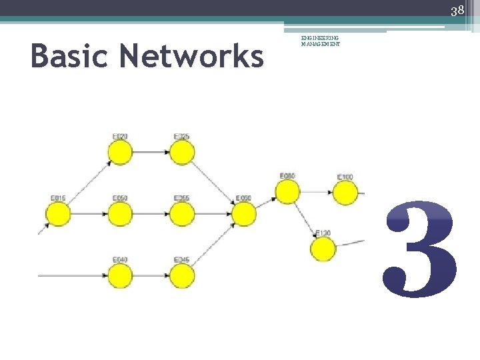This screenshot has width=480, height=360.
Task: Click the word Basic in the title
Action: (x=70, y=56)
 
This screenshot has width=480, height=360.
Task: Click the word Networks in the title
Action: (x=191, y=56)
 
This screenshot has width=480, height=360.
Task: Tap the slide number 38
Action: (x=457, y=10)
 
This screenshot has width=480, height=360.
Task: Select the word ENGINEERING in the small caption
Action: (x=320, y=39)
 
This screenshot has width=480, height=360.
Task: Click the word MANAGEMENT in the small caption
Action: (x=321, y=45)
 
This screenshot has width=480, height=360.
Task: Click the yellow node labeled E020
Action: (x=120, y=153)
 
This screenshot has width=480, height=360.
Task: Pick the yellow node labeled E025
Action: (x=181, y=153)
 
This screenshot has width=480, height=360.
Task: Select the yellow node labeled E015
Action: (x=58, y=214)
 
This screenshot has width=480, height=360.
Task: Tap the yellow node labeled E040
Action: (x=120, y=275)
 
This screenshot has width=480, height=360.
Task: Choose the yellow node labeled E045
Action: (x=181, y=275)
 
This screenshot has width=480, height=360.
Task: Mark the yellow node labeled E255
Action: (x=181, y=214)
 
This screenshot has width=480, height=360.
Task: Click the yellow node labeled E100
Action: (x=345, y=193)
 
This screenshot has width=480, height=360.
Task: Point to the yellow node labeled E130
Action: (x=323, y=249)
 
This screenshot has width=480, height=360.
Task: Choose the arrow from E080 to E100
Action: (x=316, y=193)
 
